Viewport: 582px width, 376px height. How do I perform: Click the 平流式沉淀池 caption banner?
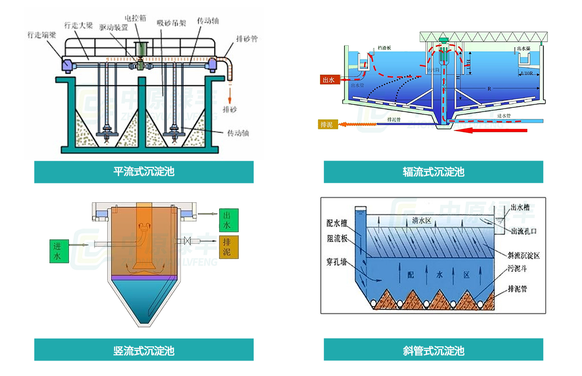click(x=144, y=172)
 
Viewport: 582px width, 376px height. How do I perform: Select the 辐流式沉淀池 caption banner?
click(x=433, y=172)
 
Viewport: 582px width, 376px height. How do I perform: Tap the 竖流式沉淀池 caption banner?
click(x=144, y=350)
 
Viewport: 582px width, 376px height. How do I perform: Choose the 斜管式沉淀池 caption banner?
click(x=433, y=350)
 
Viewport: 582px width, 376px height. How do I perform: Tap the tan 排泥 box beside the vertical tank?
click(x=229, y=246)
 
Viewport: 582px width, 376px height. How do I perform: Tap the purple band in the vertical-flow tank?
click(x=143, y=277)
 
